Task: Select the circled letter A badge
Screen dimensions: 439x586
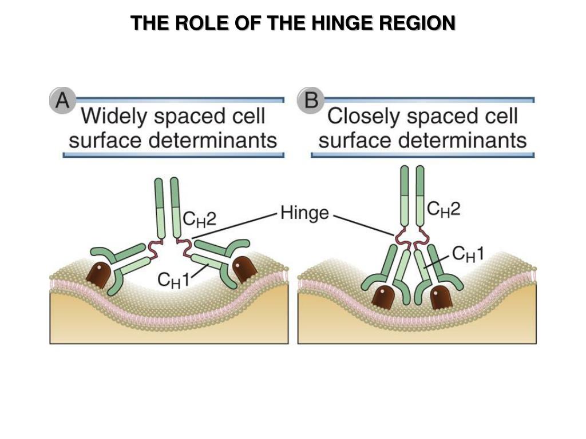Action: [x=61, y=101]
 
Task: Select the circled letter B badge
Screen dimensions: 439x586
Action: [x=311, y=102]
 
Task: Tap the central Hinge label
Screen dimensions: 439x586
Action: [x=304, y=213]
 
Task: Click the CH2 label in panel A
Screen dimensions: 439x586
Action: [x=199, y=219]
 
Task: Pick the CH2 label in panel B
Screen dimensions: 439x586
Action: [x=444, y=210]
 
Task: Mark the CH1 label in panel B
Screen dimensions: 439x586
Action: [x=468, y=253]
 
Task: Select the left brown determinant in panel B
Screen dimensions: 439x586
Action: [x=382, y=298]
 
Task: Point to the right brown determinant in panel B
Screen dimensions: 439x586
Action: [x=441, y=297]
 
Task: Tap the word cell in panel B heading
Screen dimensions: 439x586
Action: [x=500, y=117]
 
